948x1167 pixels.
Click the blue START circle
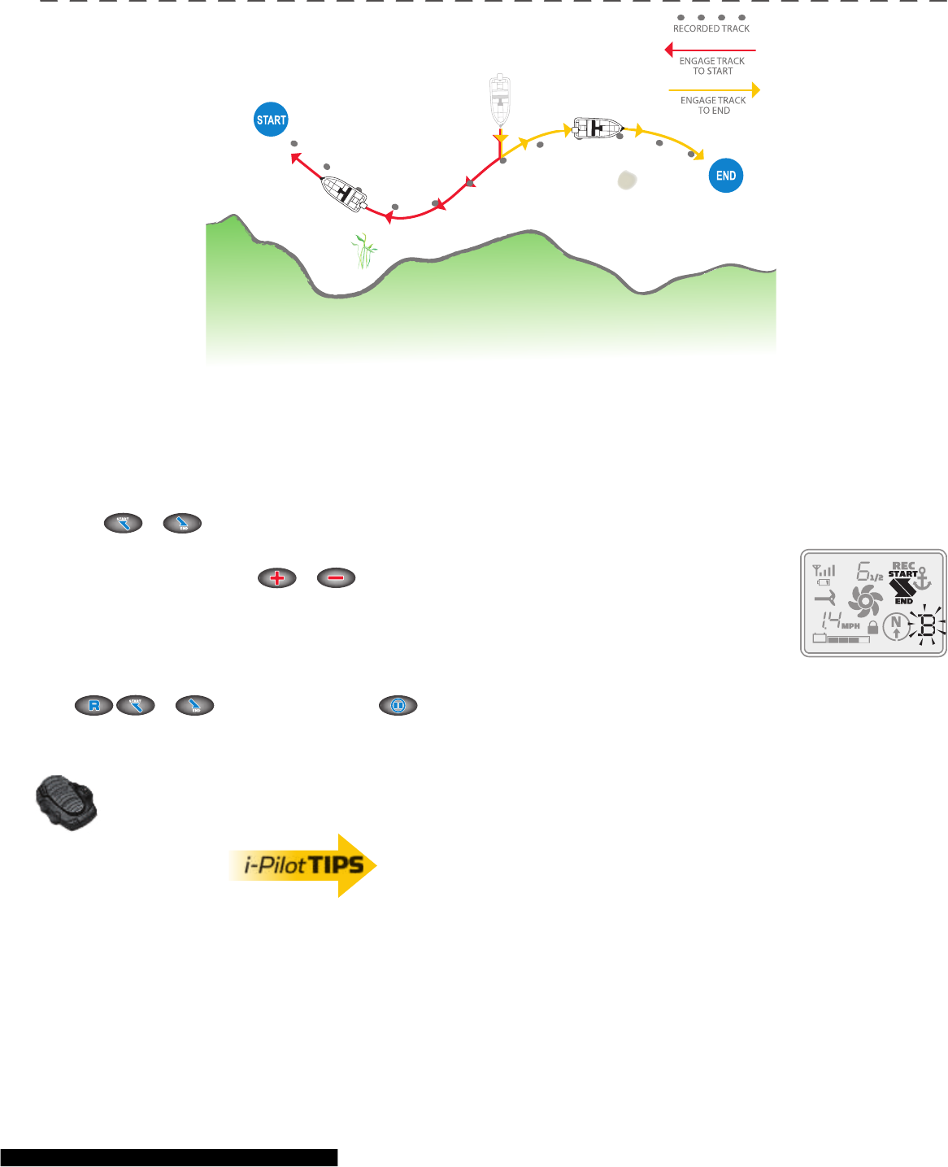pyautogui.click(x=272, y=120)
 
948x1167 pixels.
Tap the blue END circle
pyautogui.click(x=726, y=176)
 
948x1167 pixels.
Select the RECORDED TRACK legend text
pyautogui.click(x=711, y=28)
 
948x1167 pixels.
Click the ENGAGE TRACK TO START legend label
pyautogui.click(x=712, y=66)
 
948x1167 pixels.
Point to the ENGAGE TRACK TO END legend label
pyautogui.click(x=713, y=106)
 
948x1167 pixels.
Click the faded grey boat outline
pyautogui.click(x=500, y=100)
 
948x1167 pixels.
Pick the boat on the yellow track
pyautogui.click(x=598, y=128)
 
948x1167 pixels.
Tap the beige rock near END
pyautogui.click(x=627, y=180)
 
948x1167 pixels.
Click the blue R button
pyautogui.click(x=94, y=706)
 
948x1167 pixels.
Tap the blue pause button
pyautogui.click(x=398, y=706)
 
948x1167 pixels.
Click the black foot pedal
pyautogui.click(x=67, y=802)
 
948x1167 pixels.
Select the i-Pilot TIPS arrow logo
pyautogui.click(x=302, y=865)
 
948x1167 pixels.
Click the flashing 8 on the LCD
pyautogui.click(x=927, y=626)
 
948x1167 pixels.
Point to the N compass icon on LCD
pyautogui.click(x=896, y=625)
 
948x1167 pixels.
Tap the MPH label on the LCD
pyautogui.click(x=850, y=626)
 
